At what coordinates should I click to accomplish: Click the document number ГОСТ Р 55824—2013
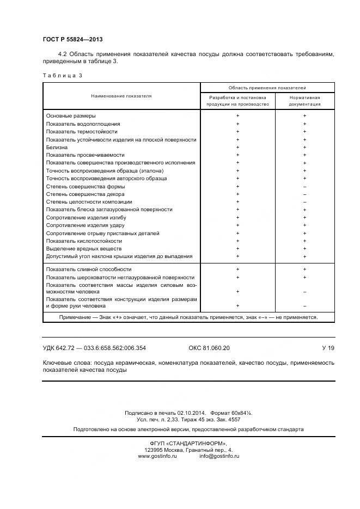point(72,40)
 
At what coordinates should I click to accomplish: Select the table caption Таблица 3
point(62,75)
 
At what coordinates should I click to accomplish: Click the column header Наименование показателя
point(121,96)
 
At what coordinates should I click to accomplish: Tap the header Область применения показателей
point(267,87)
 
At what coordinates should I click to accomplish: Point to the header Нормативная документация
point(305,100)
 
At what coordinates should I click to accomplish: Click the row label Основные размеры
point(71,116)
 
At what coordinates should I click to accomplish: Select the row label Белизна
point(57,147)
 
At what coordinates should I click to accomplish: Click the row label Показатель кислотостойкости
point(84,241)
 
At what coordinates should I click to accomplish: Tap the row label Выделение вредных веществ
point(84,249)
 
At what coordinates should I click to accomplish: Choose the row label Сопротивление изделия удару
point(86,225)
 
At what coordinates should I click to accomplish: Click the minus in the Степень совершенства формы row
point(304,187)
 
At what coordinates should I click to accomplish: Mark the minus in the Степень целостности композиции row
point(304,202)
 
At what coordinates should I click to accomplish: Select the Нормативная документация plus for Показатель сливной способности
point(304,269)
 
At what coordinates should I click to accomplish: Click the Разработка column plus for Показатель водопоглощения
point(238,124)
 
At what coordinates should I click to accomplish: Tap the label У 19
point(328,348)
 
